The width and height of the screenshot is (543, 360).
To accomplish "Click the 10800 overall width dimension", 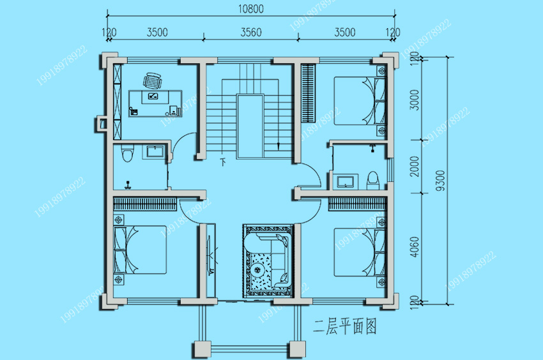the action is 250,9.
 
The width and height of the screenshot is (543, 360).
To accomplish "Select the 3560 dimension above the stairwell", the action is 251,33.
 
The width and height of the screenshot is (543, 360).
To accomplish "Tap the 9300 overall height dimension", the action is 440,181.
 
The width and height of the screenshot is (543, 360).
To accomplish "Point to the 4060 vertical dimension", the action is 414,247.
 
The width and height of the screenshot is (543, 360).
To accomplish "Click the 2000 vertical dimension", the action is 414,166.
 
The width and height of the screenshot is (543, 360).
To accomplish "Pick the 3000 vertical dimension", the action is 414,100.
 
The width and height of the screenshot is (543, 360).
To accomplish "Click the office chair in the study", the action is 153,81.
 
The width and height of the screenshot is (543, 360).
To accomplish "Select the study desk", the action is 155,103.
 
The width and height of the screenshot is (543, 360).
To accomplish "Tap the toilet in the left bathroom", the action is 127,153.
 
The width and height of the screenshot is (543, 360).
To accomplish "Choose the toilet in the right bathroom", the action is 373,181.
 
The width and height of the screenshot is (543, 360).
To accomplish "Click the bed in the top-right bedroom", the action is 360,101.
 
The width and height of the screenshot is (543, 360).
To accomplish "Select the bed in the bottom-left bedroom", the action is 140,250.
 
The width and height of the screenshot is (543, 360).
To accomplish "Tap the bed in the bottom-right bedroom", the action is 360,251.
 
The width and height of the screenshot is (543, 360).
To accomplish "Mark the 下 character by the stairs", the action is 224,161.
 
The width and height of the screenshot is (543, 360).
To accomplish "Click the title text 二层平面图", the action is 345,326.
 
